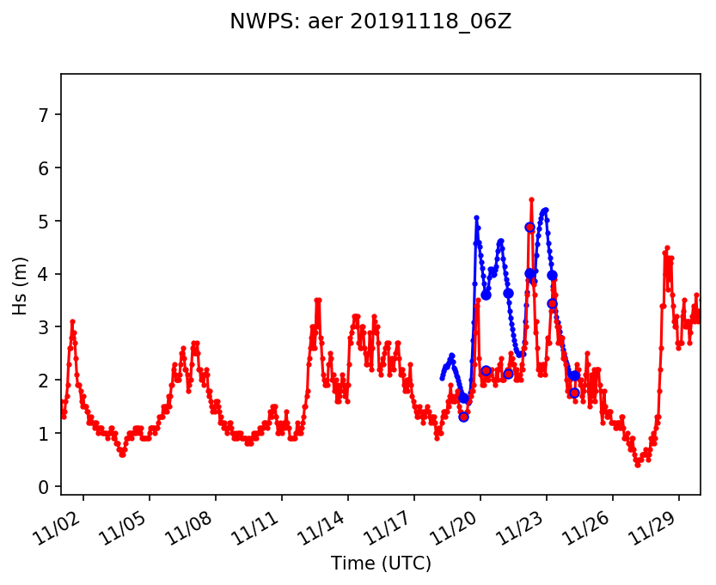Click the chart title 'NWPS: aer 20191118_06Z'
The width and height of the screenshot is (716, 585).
tap(370, 22)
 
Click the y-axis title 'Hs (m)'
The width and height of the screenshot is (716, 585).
tap(20, 284)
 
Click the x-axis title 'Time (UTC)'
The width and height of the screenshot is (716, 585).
tap(381, 564)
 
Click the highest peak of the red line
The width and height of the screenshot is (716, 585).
tap(531, 199)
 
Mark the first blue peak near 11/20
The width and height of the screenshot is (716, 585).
tap(476, 217)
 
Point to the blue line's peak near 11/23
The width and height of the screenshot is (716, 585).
tap(546, 210)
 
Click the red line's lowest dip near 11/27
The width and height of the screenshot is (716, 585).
tap(638, 465)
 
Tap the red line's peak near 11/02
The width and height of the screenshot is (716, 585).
tap(72, 321)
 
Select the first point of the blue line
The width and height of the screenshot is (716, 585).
tap(442, 378)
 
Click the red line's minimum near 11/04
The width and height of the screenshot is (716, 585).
tap(123, 454)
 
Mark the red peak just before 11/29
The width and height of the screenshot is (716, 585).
tap(666, 247)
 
